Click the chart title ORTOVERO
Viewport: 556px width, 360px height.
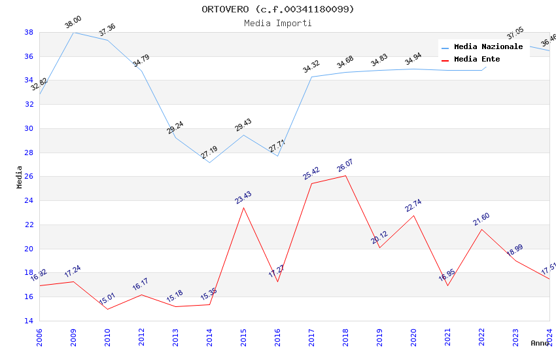(x=278, y=9)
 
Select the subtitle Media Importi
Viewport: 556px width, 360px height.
(x=278, y=23)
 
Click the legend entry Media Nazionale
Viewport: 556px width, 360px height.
(x=488, y=47)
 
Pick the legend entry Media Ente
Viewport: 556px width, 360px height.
(x=477, y=60)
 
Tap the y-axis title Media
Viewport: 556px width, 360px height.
(x=20, y=177)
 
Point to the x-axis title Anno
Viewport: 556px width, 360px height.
(x=540, y=343)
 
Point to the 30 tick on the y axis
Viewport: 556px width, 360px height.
(x=29, y=128)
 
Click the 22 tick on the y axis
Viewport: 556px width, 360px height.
(x=29, y=225)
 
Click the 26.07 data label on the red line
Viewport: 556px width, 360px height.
(x=345, y=167)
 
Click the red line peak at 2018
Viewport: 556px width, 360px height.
(x=345, y=175)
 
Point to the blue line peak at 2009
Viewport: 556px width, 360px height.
(x=73, y=32)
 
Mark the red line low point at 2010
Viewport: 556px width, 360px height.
(x=107, y=309)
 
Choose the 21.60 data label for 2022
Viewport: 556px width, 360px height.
(x=481, y=219)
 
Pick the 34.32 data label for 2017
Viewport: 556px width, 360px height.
(x=311, y=66)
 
